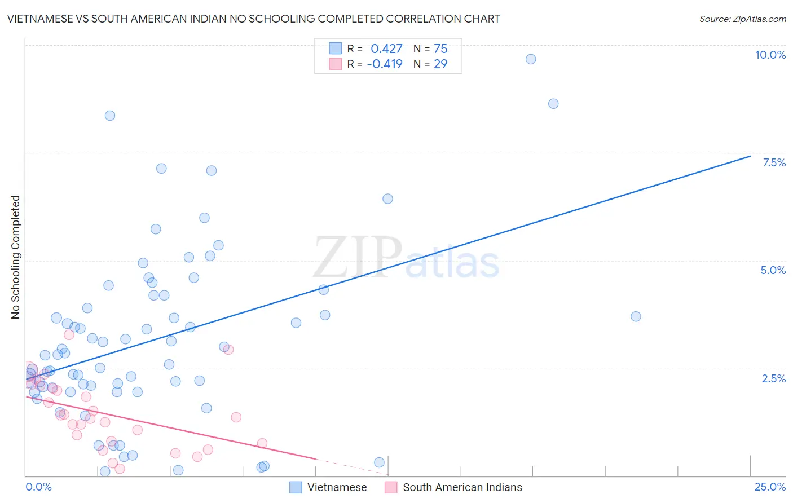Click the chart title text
point(253,19)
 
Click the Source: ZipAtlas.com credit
point(742,19)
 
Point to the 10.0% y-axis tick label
point(770,55)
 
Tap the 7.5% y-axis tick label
point(774,162)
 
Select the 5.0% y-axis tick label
point(773,270)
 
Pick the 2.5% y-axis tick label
point(773,378)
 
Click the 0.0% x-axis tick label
point(38,487)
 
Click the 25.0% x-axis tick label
point(770,487)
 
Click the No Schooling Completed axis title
point(16,257)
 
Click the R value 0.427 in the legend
point(386,49)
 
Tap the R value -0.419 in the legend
point(385,64)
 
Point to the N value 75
point(440,49)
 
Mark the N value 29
point(440,64)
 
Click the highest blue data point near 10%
point(531,59)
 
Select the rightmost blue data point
point(636,316)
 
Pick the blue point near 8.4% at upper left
point(110,116)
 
